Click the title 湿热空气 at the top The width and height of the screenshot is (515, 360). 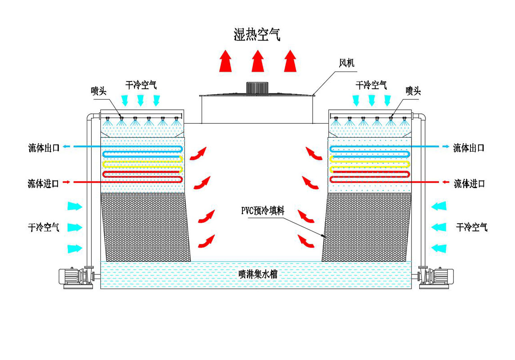pyautogui.click(x=257, y=34)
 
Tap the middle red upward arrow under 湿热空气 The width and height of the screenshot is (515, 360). pyautogui.click(x=257, y=61)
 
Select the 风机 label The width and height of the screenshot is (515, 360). pyautogui.click(x=346, y=63)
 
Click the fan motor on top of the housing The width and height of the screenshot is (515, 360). pyautogui.click(x=257, y=87)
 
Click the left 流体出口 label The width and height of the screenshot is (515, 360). pyautogui.click(x=44, y=148)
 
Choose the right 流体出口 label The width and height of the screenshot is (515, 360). pyautogui.click(x=469, y=148)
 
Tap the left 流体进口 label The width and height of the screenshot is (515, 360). pyautogui.click(x=43, y=183)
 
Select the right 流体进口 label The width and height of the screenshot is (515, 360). pyautogui.click(x=469, y=183)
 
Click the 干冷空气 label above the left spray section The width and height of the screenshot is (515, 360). pyautogui.click(x=141, y=84)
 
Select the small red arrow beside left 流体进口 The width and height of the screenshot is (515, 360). pyautogui.click(x=66, y=182)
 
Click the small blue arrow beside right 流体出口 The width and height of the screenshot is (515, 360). pyautogui.click(x=446, y=147)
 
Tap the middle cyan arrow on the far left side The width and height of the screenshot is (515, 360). pyautogui.click(x=75, y=227)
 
